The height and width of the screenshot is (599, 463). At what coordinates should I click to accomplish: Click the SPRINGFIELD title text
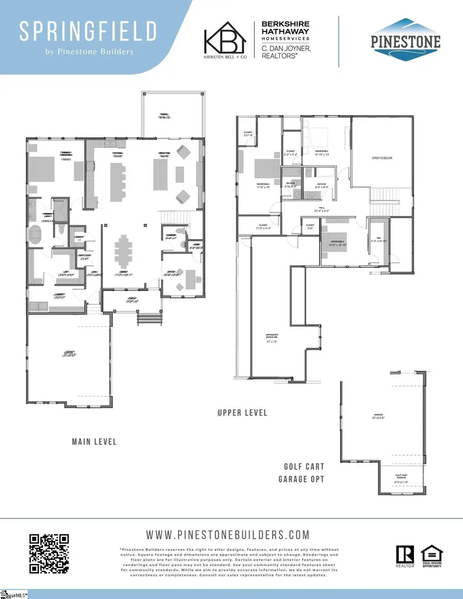[x=87, y=32]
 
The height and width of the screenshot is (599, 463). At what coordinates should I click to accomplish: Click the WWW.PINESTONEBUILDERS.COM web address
[x=228, y=535]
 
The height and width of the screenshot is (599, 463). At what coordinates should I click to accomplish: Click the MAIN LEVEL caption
[x=94, y=442]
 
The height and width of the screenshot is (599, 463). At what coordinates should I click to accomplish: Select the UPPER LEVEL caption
[x=242, y=413]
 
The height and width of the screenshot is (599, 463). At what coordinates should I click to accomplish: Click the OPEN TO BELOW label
[x=382, y=158]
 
